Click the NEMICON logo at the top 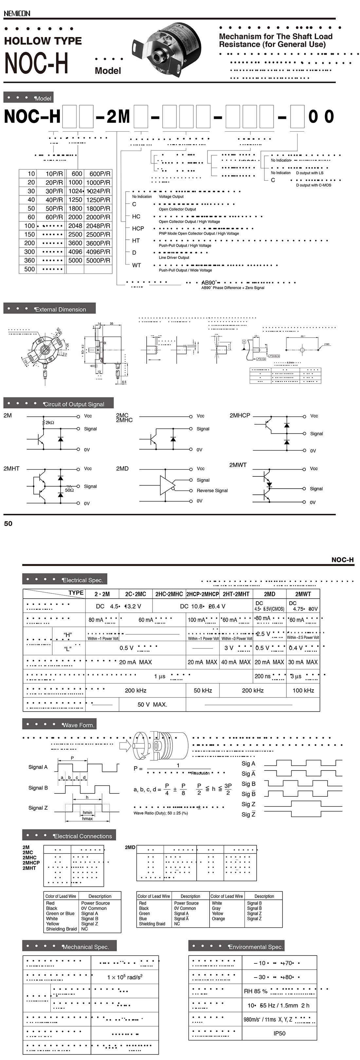[17, 13]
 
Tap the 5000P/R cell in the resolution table [98, 260]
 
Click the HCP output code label [138, 228]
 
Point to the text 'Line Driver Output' [174, 258]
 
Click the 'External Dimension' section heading [61, 309]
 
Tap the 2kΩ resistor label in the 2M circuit [50, 423]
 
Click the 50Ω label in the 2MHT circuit [69, 490]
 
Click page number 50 [8, 523]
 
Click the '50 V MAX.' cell [152, 704]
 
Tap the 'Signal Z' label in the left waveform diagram [38, 808]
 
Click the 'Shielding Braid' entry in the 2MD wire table [152, 924]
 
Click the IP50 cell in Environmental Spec [279, 1033]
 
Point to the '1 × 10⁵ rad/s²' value [125, 977]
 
